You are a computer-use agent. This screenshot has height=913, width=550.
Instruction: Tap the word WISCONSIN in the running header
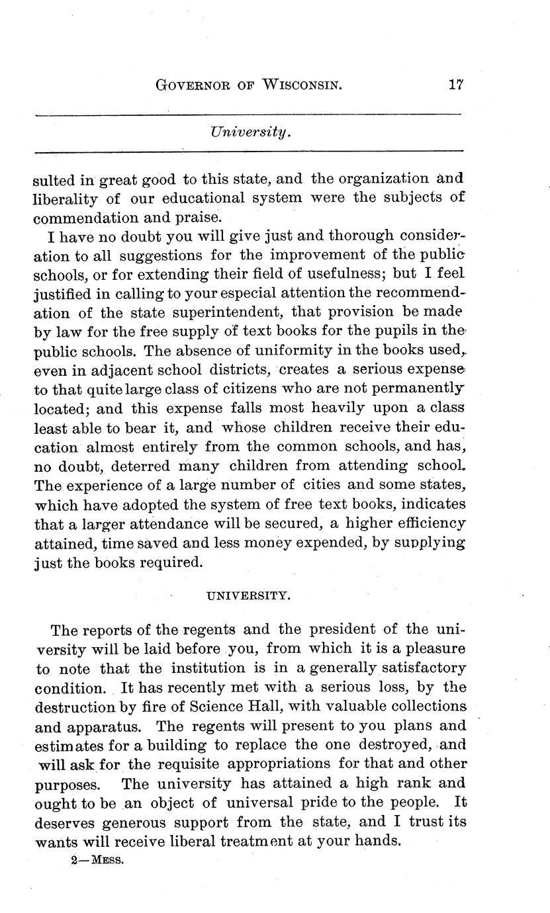pyautogui.click(x=304, y=85)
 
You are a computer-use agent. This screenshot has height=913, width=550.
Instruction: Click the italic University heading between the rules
pyautogui.click(x=250, y=132)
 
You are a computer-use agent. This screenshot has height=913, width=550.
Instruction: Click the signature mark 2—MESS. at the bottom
pyautogui.click(x=100, y=864)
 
